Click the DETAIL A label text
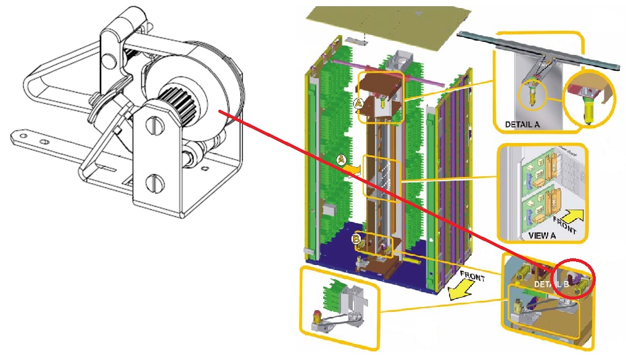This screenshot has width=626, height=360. click(x=522, y=125)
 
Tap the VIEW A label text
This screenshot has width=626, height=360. click(x=542, y=235)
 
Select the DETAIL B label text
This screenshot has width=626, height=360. click(x=551, y=284)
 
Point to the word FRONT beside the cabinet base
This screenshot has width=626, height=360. click(x=472, y=276)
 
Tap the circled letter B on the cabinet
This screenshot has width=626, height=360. click(x=356, y=239)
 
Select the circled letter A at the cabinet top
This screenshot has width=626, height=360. click(x=358, y=104)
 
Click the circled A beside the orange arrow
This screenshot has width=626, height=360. click(x=341, y=160)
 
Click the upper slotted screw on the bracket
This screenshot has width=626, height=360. click(x=155, y=126)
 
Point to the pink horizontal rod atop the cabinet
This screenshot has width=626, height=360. click(x=387, y=73)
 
